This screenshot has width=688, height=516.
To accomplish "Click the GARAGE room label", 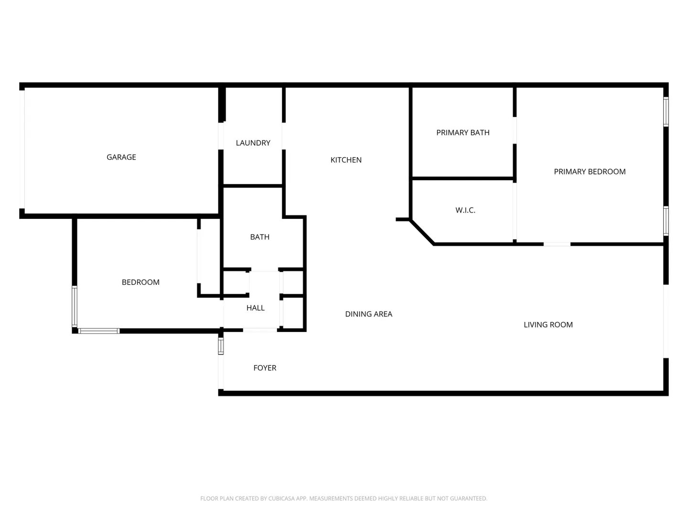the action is click(x=121, y=157).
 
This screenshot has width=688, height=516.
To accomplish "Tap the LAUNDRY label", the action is click(x=253, y=143).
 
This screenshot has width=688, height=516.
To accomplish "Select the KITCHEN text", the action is click(x=346, y=160).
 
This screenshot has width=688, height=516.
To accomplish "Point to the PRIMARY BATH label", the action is click(x=462, y=132).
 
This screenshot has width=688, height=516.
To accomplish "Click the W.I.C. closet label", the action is click(x=465, y=210).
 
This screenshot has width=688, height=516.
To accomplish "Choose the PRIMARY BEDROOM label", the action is click(x=589, y=172).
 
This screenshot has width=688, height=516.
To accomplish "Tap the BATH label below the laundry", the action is click(x=259, y=237).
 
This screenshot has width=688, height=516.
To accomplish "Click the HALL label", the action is click(x=255, y=308).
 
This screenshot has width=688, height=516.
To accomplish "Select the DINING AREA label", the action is click(x=368, y=314).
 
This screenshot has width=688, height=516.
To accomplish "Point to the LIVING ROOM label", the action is click(x=548, y=324).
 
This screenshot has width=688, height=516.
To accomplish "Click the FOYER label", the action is click(x=265, y=367).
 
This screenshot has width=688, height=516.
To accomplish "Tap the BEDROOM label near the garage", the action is click(x=140, y=282).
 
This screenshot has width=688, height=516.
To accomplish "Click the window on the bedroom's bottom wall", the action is click(x=99, y=331).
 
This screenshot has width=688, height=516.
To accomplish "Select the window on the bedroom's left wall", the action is click(x=75, y=306).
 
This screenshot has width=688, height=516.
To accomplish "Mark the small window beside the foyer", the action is click(x=221, y=346).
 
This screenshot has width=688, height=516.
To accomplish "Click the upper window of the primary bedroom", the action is click(x=666, y=112).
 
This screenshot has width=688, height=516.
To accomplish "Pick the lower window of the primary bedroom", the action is click(x=666, y=221).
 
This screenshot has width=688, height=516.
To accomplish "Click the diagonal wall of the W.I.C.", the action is click(x=422, y=232).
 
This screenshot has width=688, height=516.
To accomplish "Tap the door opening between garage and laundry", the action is click(x=221, y=136).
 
